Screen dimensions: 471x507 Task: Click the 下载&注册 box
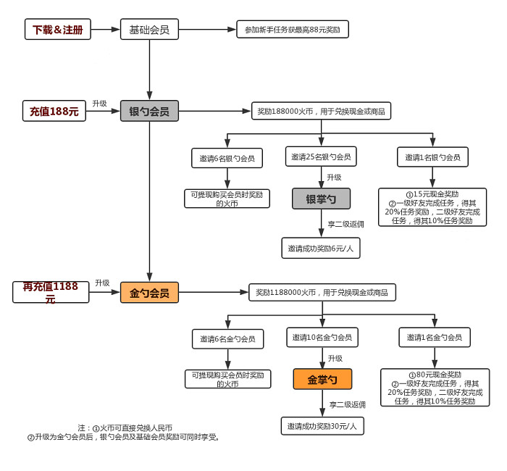coord(58,30)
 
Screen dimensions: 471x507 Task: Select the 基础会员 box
coord(149,30)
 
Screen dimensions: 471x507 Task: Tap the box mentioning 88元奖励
coord(293,30)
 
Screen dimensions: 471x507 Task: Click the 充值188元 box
coord(54,112)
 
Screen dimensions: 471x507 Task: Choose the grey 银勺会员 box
coord(149,112)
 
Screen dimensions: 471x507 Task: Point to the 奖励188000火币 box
coord(321,112)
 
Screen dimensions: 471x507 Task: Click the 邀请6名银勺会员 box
coord(227,157)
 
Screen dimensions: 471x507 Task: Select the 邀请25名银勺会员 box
coord(321,157)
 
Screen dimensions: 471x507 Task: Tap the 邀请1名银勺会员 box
coord(432,157)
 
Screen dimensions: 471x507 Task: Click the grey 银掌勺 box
coord(321,199)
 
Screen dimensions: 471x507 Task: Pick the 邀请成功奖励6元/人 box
coord(321,248)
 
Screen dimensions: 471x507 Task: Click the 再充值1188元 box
coord(51,292)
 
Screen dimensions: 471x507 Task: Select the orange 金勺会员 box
coord(149,293)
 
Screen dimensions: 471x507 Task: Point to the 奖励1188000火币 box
coord(322,293)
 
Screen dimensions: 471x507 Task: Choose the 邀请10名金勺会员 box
coord(322,337)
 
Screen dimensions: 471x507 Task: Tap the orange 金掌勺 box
coord(322,379)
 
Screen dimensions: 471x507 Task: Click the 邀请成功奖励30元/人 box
coord(322,425)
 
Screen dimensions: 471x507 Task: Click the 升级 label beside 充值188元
coord(99,104)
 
